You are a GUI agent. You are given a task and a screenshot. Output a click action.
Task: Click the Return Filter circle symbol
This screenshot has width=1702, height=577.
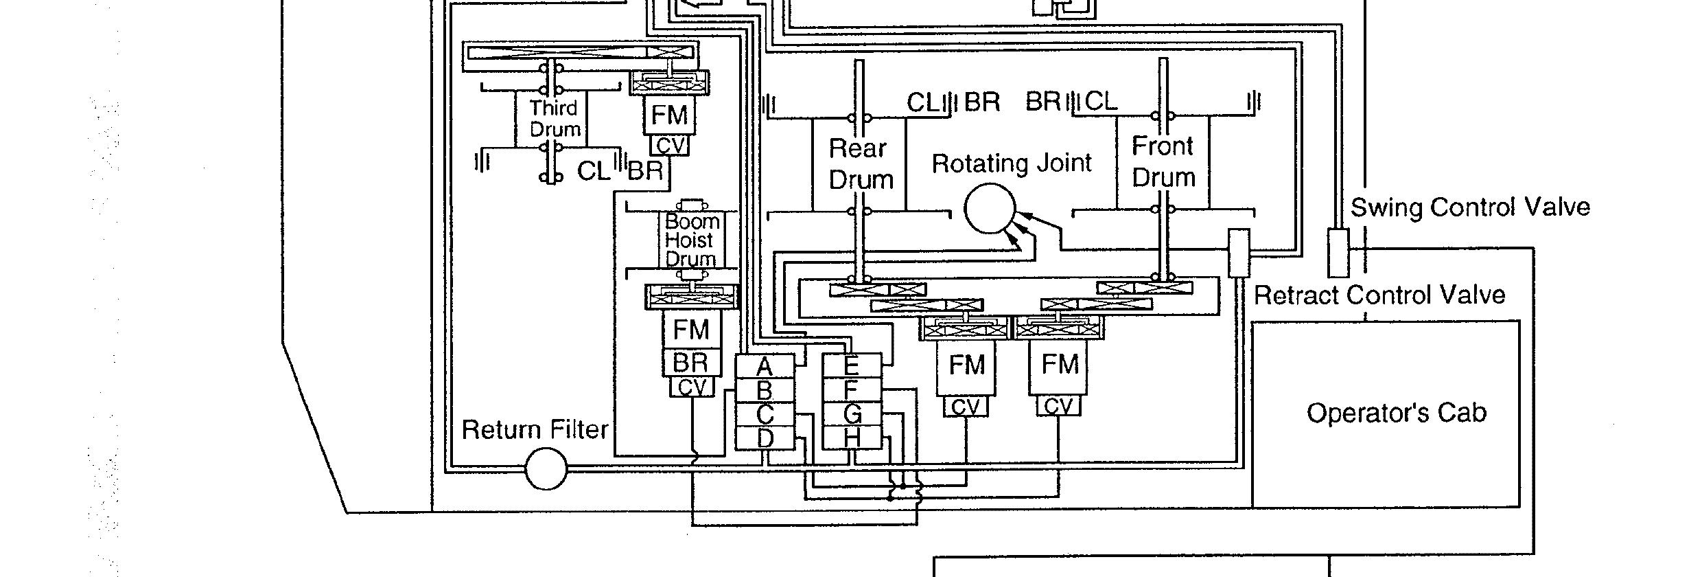(x=546, y=469)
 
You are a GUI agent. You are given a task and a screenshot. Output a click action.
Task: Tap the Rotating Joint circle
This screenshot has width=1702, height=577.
(x=990, y=209)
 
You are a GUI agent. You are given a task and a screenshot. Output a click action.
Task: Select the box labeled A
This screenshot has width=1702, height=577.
(x=765, y=366)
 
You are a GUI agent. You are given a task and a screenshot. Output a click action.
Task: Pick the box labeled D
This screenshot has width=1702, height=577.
(x=765, y=438)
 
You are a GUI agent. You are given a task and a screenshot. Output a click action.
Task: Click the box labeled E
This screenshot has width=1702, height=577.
(x=851, y=365)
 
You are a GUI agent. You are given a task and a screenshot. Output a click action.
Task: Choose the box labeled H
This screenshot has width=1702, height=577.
(x=851, y=438)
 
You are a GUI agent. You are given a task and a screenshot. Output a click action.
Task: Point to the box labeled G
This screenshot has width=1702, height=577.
(x=851, y=414)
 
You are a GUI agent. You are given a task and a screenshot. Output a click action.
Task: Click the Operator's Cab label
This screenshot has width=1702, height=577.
(x=1396, y=413)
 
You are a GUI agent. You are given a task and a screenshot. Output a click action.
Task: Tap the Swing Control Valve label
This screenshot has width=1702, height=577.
(x=1470, y=207)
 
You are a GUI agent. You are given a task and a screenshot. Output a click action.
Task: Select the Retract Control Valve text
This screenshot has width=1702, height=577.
(x=1379, y=295)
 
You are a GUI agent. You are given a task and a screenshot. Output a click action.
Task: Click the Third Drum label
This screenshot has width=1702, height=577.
(x=555, y=118)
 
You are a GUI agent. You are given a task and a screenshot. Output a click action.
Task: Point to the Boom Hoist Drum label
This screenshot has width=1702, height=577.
(x=691, y=240)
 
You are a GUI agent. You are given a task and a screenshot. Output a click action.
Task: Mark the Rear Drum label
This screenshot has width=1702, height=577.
(x=860, y=163)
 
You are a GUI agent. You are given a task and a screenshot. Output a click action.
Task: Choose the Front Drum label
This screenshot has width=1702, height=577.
(x=1163, y=161)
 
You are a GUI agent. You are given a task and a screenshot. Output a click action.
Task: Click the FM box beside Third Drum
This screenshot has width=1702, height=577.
(x=669, y=115)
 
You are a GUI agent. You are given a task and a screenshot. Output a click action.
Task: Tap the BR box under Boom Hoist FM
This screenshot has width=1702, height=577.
(x=690, y=362)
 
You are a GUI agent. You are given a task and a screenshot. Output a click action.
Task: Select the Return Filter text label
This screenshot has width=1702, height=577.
(x=535, y=430)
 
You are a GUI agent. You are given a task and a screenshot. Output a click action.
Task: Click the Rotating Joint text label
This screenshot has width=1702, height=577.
(x=1011, y=163)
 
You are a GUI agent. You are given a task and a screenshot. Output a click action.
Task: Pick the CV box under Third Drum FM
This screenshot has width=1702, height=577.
(x=669, y=146)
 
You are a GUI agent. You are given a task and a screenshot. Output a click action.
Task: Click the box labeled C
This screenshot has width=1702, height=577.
(x=765, y=414)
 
